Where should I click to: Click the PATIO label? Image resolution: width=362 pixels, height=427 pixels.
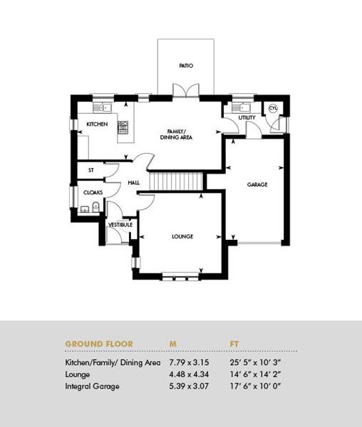tap(186, 65)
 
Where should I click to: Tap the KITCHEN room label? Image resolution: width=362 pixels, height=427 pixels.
tap(97, 124)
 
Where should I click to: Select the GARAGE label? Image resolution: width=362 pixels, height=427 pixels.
tap(257, 184)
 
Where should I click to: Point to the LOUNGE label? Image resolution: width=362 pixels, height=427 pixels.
tap(182, 236)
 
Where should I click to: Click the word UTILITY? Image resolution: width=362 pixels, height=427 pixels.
tap(247, 117)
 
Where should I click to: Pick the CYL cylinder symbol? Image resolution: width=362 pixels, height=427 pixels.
tap(273, 108)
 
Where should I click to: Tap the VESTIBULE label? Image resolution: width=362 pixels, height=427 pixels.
tap(120, 225)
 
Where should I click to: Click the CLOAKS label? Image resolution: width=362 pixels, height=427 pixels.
tap(93, 193)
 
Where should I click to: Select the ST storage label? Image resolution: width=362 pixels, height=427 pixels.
tap(91, 170)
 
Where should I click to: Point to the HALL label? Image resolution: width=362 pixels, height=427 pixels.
tap(133, 183)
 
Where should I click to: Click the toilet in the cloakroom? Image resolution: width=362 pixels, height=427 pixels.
tap(95, 206)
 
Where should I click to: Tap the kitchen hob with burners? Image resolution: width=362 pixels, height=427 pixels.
tap(123, 127)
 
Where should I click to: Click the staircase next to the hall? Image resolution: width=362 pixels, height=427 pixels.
tap(175, 181)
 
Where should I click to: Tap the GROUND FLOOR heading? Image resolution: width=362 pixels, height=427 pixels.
tap(99, 344)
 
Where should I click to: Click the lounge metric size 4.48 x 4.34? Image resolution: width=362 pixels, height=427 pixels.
tap(189, 374)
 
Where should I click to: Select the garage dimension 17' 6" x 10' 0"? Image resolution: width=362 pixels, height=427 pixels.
tap(255, 386)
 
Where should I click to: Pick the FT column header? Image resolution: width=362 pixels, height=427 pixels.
tap(234, 344)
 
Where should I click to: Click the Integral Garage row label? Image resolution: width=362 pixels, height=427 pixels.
tap(92, 386)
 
